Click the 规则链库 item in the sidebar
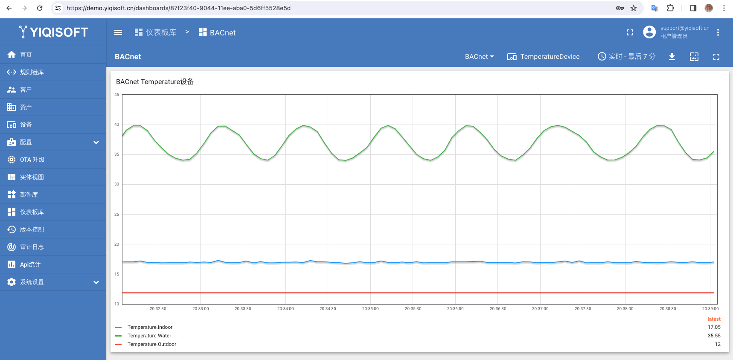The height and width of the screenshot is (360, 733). click(32, 72)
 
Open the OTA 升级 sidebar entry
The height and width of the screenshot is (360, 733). click(32, 160)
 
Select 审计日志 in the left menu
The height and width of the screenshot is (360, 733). click(32, 247)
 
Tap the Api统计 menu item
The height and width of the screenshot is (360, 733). click(30, 264)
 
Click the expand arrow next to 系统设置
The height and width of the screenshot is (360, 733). click(96, 282)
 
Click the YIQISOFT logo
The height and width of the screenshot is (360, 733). click(53, 32)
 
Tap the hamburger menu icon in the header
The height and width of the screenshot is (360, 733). click(118, 32)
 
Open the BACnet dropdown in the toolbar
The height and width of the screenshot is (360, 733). click(479, 57)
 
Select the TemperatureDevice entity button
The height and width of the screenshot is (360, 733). click(543, 57)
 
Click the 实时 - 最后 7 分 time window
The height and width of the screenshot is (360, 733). click(626, 57)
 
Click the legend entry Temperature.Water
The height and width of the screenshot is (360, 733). click(149, 336)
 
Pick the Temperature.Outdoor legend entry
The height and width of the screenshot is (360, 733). click(152, 344)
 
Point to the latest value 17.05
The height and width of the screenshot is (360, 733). click(714, 327)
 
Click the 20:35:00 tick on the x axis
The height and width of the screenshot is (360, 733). click(370, 308)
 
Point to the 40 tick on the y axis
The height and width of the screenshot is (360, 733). click(116, 125)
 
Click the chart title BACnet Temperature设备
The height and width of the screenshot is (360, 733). click(155, 81)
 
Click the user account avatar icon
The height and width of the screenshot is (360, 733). click(649, 32)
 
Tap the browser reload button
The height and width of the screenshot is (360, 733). click(40, 8)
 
